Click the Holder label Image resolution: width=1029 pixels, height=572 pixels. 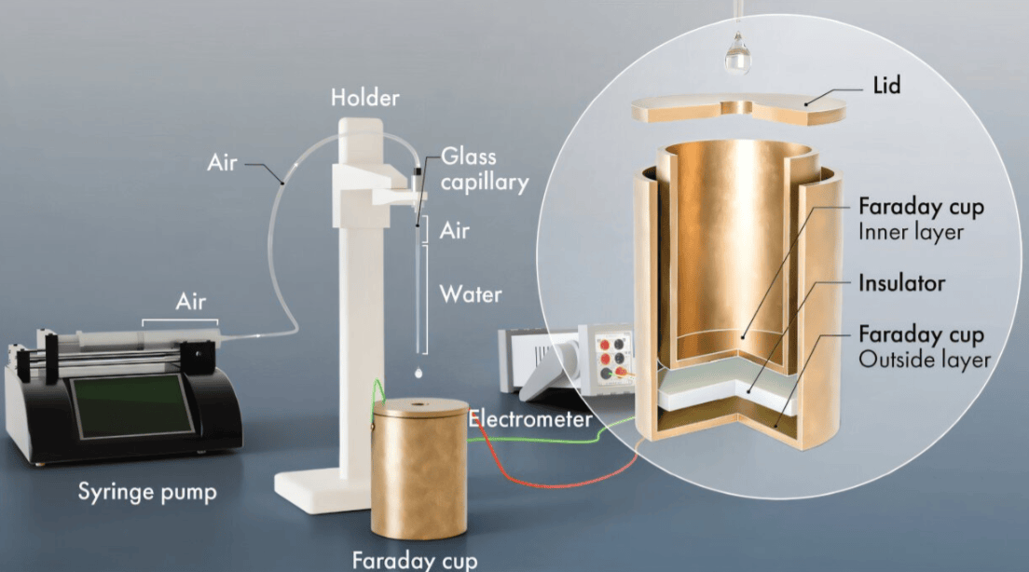pyautogui.click(x=364, y=98)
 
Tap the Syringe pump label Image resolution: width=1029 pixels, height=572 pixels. pyautogui.click(x=147, y=491)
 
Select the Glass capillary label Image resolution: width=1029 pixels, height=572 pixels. pyautogui.click(x=485, y=170)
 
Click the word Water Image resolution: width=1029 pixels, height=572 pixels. pyautogui.click(x=471, y=294)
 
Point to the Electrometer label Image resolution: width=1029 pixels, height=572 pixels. pyautogui.click(x=530, y=418)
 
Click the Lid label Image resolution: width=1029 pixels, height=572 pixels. pyautogui.click(x=886, y=86)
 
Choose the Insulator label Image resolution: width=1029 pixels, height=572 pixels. pyautogui.click(x=901, y=282)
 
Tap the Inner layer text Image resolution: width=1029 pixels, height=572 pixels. pyautogui.click(x=911, y=232)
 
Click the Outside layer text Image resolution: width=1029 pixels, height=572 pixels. pyautogui.click(x=925, y=360)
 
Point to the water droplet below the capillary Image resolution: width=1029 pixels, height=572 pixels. pyautogui.click(x=418, y=373)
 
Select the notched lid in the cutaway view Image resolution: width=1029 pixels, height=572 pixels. pyautogui.click(x=738, y=110)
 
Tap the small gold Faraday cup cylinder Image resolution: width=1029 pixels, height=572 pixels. pyautogui.click(x=419, y=468)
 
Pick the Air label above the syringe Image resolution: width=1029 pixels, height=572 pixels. pyautogui.click(x=190, y=302)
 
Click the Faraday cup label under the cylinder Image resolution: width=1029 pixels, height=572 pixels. pyautogui.click(x=415, y=560)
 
